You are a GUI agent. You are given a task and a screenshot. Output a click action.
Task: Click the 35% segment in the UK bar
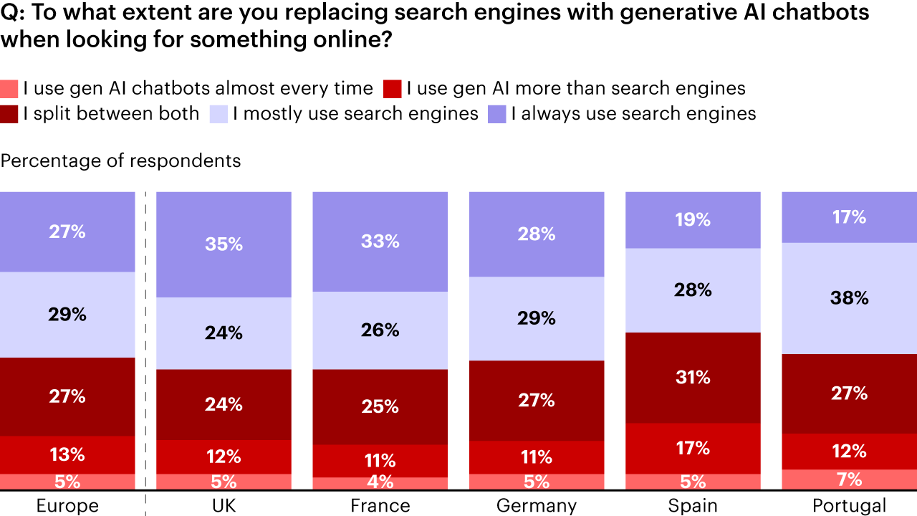point(224,244)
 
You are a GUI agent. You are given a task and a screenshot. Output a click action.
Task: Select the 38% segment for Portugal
point(849,298)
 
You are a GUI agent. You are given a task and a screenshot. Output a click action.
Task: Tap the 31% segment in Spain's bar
point(693,377)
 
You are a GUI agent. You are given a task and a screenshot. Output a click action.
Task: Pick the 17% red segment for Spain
point(693,448)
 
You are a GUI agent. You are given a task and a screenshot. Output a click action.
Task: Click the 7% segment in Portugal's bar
point(849,479)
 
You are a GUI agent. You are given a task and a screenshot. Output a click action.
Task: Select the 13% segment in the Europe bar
point(67,454)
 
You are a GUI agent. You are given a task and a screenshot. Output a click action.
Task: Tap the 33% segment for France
point(380,242)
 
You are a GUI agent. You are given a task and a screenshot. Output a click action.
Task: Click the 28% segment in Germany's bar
point(536,234)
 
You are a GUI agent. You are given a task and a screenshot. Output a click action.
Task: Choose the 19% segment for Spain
point(693,219)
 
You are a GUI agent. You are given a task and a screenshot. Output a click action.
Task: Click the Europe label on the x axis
point(67,506)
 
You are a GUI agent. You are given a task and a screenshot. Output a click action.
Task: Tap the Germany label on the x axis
point(536,506)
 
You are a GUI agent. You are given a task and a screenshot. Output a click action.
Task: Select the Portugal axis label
point(849,506)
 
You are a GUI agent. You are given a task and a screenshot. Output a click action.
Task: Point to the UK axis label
point(224,506)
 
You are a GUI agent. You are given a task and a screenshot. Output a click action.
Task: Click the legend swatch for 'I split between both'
point(9,114)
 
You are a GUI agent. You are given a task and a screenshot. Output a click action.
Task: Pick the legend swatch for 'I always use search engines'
point(496,114)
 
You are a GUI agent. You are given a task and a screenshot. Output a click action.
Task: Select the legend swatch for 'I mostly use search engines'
point(219,114)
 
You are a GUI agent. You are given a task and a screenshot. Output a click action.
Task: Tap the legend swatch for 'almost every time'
point(9,89)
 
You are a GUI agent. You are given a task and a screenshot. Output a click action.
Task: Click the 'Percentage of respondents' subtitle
point(120,161)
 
